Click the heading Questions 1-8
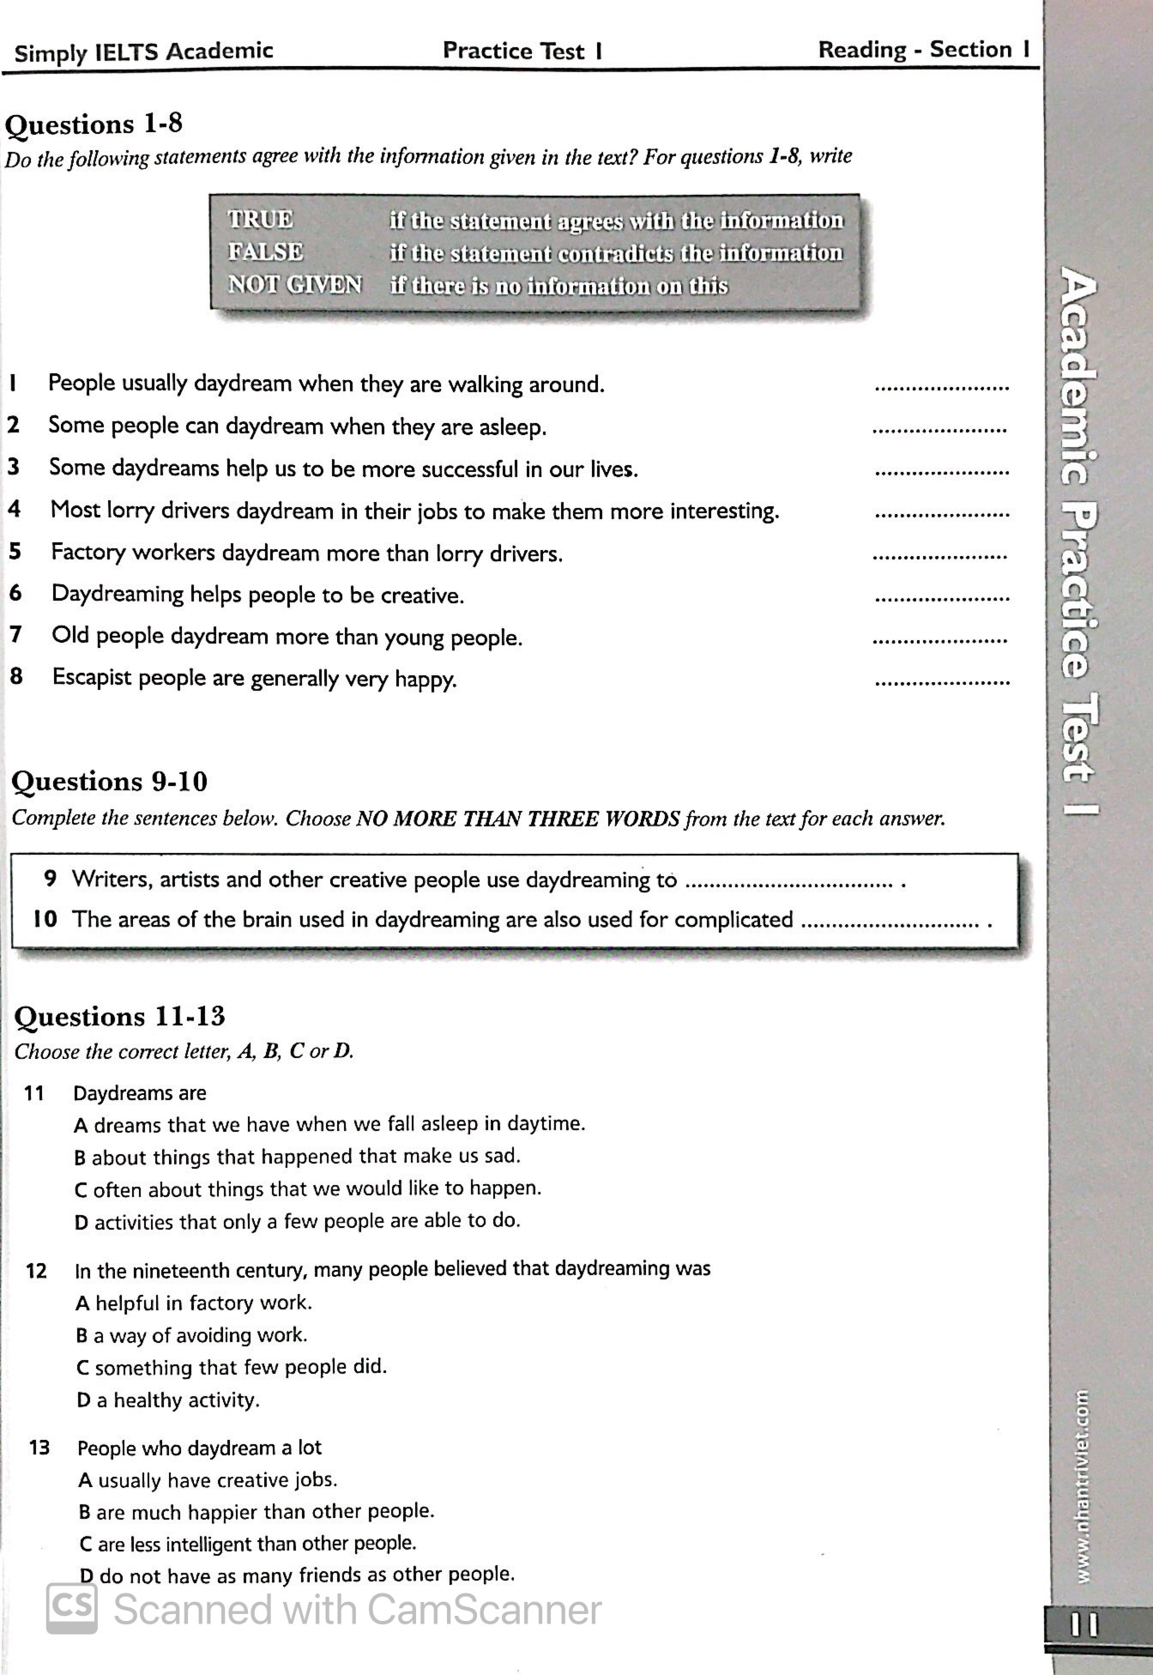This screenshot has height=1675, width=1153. pos(94,125)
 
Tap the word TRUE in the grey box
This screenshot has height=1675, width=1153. pos(260,220)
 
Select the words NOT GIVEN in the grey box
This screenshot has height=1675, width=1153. pos(294,284)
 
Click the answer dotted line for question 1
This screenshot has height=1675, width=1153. pos(941,388)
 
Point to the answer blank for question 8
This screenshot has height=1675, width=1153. pos(941,683)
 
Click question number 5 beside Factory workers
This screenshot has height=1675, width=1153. pos(15,552)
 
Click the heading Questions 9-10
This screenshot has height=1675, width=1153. pos(110,782)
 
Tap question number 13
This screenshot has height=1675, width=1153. pos(39,1448)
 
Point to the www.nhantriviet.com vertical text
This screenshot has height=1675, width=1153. pos(1084,1485)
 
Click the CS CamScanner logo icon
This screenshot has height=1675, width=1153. pos(72,1607)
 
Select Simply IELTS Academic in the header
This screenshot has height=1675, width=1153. pos(143,52)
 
